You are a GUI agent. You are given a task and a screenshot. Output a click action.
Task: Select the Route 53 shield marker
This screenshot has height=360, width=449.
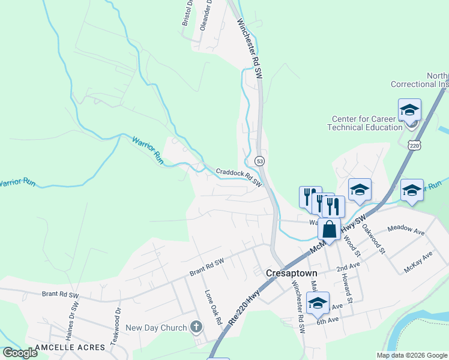[x=259, y=161]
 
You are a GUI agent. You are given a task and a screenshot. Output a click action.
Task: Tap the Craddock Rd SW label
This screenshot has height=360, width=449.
[x=239, y=176]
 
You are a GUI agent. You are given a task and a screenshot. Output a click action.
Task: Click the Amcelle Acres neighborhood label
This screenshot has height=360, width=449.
[x=70, y=347]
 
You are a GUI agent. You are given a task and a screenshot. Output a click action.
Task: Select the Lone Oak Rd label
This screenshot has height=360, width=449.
[x=213, y=307]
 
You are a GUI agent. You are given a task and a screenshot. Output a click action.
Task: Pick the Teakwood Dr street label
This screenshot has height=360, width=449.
[x=118, y=319]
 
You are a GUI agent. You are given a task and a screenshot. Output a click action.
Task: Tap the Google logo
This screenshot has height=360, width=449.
[x=20, y=353]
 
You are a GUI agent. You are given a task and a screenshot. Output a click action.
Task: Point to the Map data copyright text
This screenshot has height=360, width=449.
[x=412, y=355]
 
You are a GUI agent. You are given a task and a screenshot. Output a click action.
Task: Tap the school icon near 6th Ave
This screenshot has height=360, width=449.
[x=318, y=302]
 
